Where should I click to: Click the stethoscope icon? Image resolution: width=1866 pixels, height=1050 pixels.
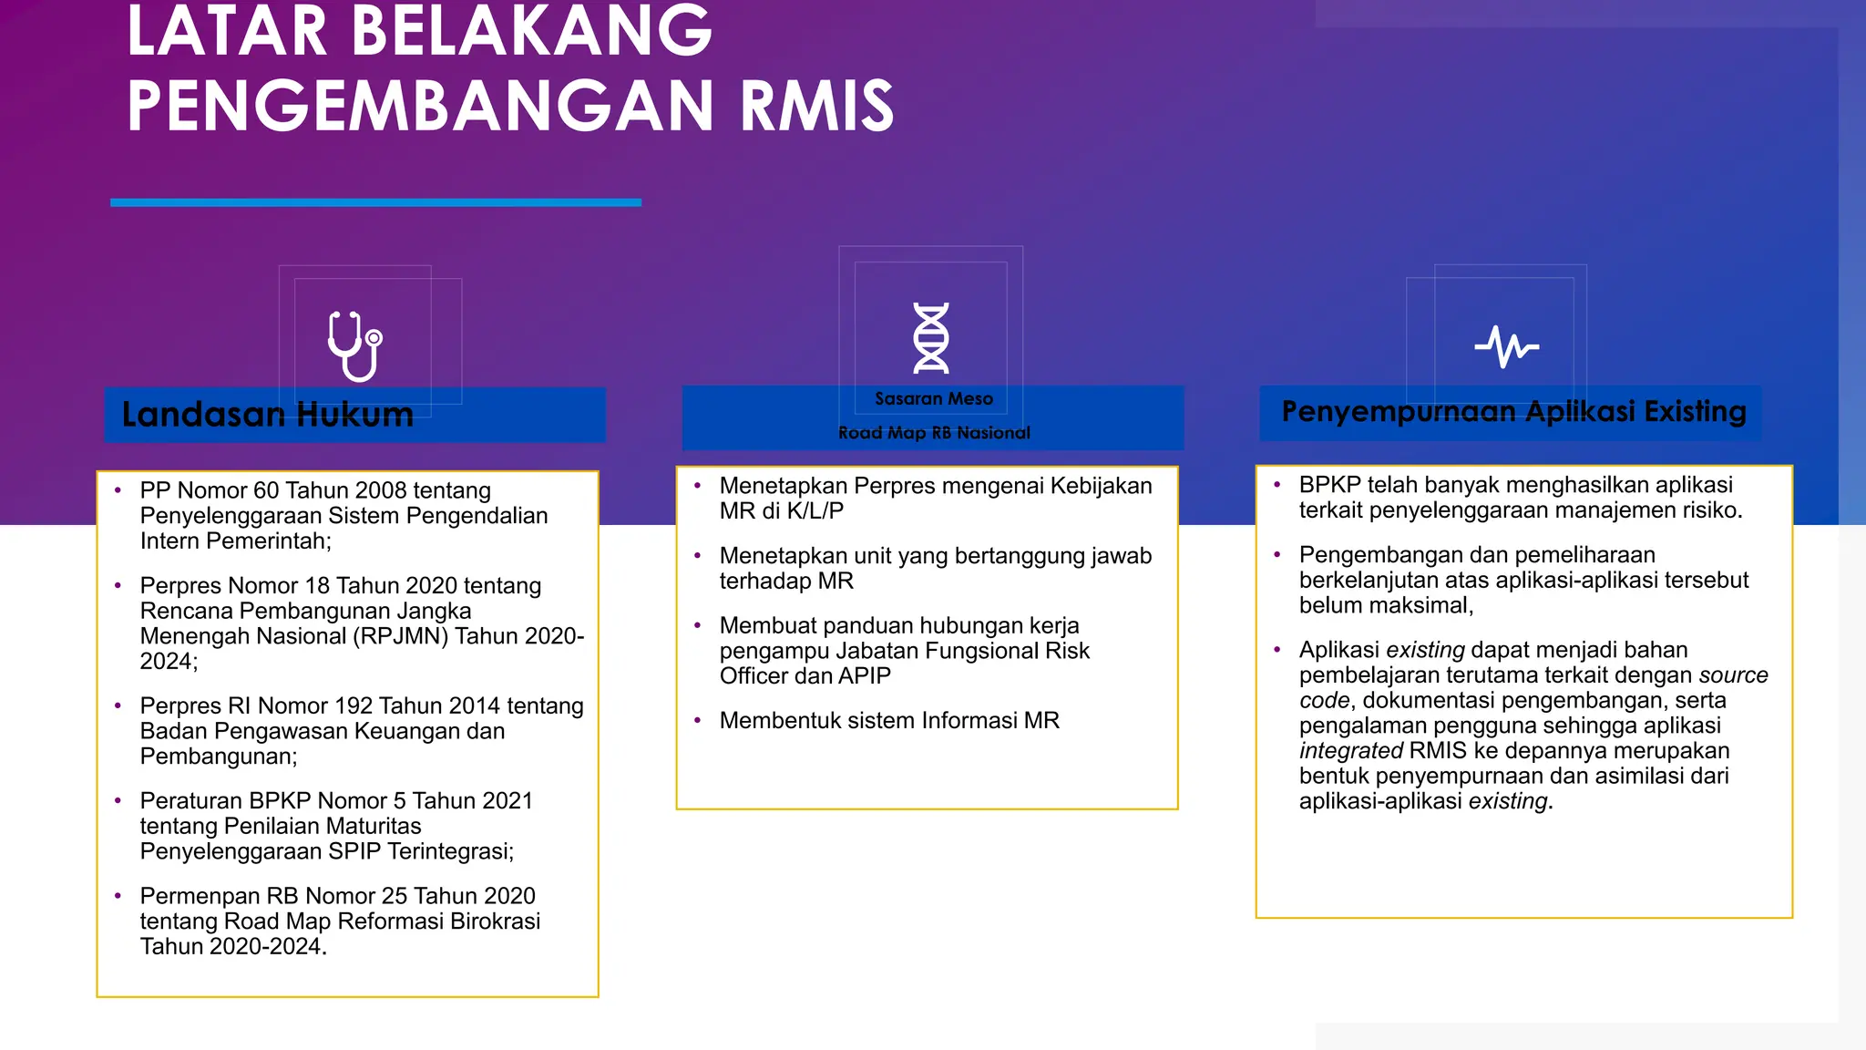point(354,346)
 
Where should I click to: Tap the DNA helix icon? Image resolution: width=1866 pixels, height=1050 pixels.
point(931,338)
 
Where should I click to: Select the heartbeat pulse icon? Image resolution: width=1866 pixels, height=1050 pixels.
point(1507,346)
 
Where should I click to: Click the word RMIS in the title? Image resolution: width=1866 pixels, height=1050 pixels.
point(816,107)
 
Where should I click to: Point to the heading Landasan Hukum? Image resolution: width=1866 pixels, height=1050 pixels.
point(268,415)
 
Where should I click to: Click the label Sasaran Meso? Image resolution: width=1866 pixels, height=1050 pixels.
point(934,399)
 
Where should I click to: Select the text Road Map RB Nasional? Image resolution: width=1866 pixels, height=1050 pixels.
point(934,433)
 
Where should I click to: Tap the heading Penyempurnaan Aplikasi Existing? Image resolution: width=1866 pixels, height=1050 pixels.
point(1513,412)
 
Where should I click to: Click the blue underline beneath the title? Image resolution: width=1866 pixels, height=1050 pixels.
point(375,202)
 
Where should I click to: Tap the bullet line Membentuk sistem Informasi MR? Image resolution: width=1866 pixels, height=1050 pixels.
point(889,721)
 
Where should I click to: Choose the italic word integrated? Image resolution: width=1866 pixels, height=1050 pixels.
point(1350,751)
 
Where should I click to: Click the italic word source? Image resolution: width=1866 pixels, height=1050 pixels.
point(1733,675)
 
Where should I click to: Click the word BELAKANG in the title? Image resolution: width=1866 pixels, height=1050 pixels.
point(531,32)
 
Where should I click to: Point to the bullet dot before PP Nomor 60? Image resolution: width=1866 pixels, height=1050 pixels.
point(118,490)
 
